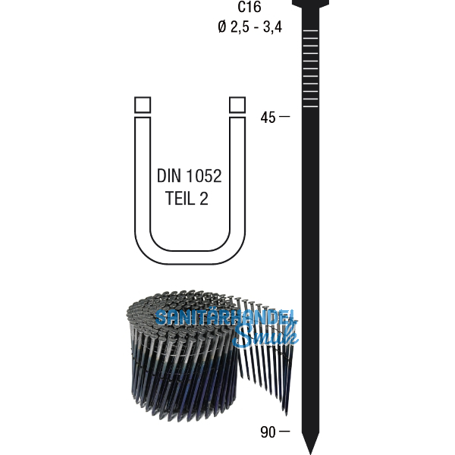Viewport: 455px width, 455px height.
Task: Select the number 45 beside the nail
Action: coord(268,118)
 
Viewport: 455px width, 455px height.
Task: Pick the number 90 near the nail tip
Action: coord(268,432)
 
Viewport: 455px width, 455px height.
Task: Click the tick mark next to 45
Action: coord(284,118)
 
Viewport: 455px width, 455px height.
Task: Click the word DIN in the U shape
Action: coord(171,177)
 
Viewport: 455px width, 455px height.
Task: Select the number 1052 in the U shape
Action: coord(203,177)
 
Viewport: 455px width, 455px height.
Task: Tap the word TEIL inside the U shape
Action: coord(181,199)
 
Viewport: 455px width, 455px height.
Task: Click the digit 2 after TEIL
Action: coord(204,199)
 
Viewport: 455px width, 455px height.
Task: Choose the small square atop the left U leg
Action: coord(142,105)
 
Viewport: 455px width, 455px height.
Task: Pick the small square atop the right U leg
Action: coord(237,105)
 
